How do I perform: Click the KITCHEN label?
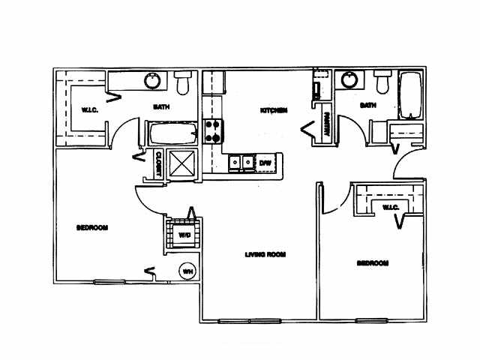point(274,111)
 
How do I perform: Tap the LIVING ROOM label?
point(265,254)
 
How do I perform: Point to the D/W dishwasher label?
point(265,161)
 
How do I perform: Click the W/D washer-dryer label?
point(184,235)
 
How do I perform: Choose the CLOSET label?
point(159,163)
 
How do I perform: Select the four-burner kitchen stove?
point(214,131)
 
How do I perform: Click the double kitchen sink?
point(241,161)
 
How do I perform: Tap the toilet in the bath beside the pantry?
point(383,81)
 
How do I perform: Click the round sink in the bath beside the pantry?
point(348,79)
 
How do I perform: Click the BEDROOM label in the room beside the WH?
point(93,227)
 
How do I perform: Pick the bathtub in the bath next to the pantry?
point(412,95)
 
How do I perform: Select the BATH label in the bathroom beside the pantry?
point(367,106)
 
